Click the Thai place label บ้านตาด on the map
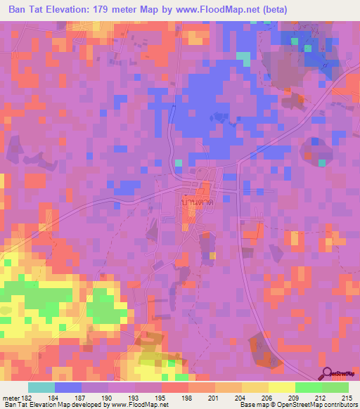tap(198, 202)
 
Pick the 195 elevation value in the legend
tap(160, 398)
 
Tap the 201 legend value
tap(214, 398)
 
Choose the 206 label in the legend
tap(268, 398)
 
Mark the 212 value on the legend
tap(322, 398)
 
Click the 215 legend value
tap(349, 398)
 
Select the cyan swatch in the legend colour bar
tap(41, 387)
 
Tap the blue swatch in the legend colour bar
tap(68, 387)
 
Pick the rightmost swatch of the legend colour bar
tap(335, 387)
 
